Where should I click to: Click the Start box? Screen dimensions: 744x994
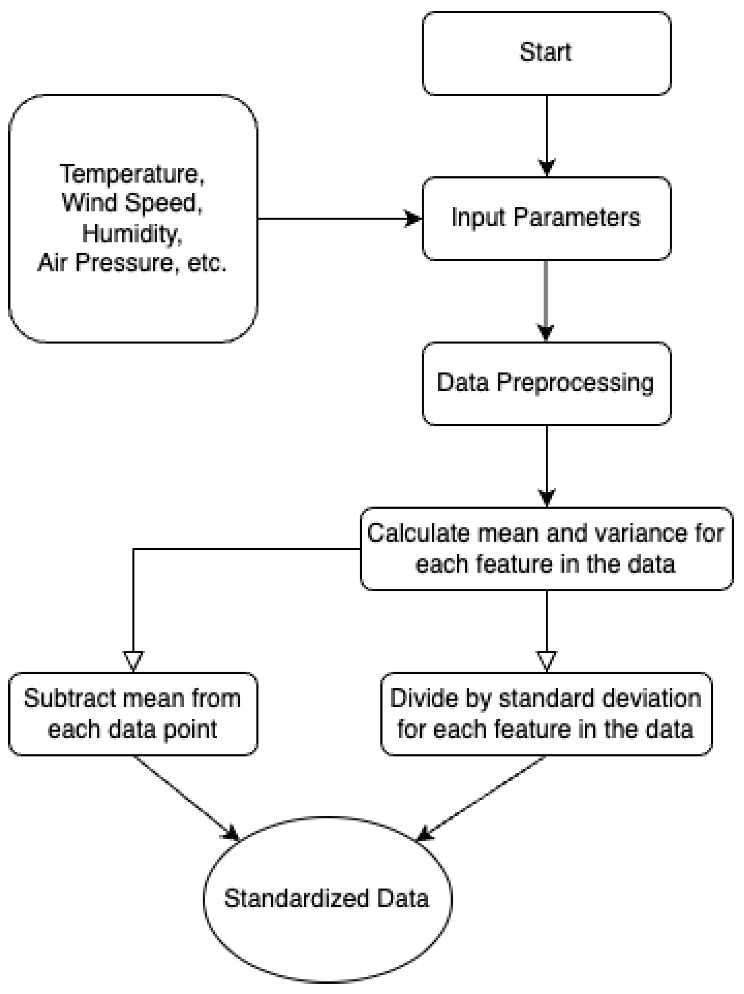click(546, 53)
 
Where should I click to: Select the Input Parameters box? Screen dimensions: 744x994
click(546, 218)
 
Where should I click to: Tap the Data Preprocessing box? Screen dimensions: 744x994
click(546, 383)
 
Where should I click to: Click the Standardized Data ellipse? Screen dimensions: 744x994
click(328, 899)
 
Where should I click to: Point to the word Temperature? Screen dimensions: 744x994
click(132, 174)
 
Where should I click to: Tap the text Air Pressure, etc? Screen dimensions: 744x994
click(132, 263)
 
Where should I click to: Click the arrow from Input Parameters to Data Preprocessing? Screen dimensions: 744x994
click(546, 301)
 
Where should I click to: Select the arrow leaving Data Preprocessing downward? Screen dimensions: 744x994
click(546, 466)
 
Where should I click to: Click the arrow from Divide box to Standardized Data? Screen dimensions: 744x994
click(480, 798)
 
